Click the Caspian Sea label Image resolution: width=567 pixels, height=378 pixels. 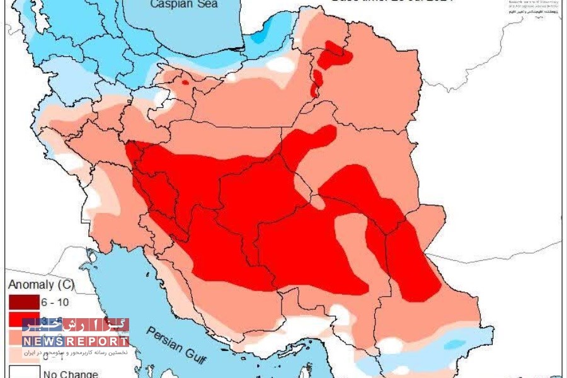tap(184, 4)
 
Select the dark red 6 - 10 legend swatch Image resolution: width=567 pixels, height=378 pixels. tap(23, 302)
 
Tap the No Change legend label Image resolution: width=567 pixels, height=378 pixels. tap(70, 374)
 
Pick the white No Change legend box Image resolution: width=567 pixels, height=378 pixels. tap(23, 373)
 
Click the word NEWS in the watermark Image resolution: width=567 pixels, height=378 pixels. tap(42, 341)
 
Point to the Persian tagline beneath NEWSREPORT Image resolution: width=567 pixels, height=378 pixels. tap(76, 352)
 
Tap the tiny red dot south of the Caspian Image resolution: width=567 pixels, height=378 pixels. tap(185, 81)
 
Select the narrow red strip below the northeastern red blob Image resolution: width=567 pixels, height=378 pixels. tap(316, 83)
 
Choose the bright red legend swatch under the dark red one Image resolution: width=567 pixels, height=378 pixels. tap(23, 319)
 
